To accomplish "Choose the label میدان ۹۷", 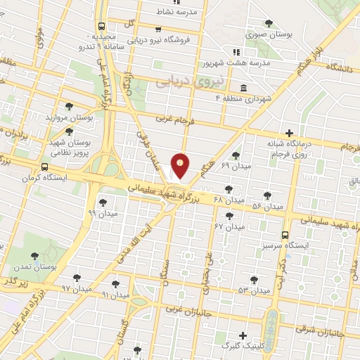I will click(x=77, y=289).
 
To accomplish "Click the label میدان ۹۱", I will click(x=116, y=295).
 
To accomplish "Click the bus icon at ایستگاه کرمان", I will click(x=45, y=167).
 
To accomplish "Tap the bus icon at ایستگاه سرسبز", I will click(x=285, y=236).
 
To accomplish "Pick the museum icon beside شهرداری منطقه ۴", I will click(x=243, y=88).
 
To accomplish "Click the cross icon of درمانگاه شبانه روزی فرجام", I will click(x=289, y=133).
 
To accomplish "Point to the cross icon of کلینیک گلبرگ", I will click(x=243, y=335).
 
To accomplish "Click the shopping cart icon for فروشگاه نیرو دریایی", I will click(x=158, y=30).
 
